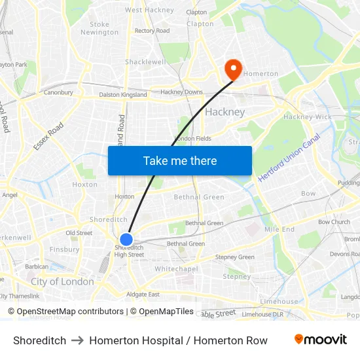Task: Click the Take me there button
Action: pyautogui.click(x=180, y=160)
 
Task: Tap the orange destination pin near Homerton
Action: pyautogui.click(x=232, y=69)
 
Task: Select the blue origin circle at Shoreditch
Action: pyautogui.click(x=126, y=240)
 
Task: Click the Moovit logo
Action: pyautogui.click(x=320, y=340)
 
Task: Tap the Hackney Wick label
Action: pyautogui.click(x=307, y=117)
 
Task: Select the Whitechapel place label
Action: pyautogui.click(x=176, y=269)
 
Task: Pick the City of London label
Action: pyautogui.click(x=62, y=281)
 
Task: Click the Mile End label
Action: pyautogui.click(x=279, y=230)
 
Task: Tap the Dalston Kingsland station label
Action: pyautogui.click(x=123, y=95)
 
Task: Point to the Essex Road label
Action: pyautogui.click(x=48, y=136)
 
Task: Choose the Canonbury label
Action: pyautogui.click(x=58, y=92)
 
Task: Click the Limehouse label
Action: pyautogui.click(x=279, y=301)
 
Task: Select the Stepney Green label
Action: pyautogui.click(x=235, y=257)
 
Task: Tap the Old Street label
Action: pyautogui.click(x=79, y=233)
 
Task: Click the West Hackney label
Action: pyautogui.click(x=149, y=10)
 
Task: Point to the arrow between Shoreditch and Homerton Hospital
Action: pyautogui.click(x=77, y=340)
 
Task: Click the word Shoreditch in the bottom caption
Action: pyautogui.click(x=39, y=340)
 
